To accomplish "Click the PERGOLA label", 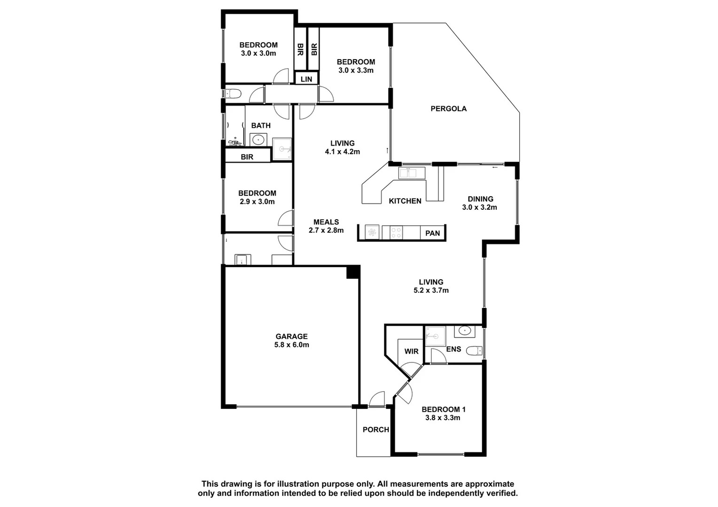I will coord(448,108).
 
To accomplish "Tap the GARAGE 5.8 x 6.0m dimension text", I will coord(291,345).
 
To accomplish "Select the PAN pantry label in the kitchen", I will coord(432,233).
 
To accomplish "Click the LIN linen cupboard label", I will coord(306,79).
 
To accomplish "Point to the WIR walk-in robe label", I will coord(411,351).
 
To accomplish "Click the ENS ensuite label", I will coord(453,349).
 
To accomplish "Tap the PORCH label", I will coord(375,430).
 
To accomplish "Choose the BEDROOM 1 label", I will coord(443,409).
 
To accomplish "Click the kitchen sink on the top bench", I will coord(411,173).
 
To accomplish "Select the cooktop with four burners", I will coord(396,233).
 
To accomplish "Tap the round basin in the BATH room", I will coord(258,139).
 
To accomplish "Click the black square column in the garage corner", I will coord(352,272).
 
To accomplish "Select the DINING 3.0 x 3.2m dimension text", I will coord(479,207).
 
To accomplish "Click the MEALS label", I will coord(326,222).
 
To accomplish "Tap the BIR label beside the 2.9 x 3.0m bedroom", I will coord(247,157).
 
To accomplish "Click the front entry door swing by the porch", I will coord(377,400).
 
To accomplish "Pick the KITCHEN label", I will coord(405,201).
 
